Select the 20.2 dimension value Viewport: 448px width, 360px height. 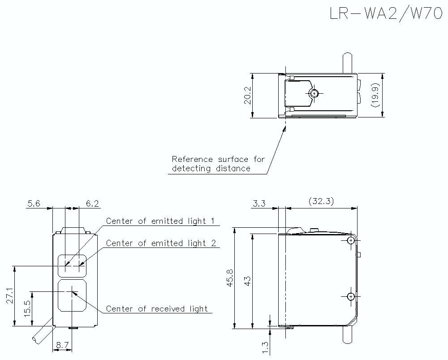click(248, 95)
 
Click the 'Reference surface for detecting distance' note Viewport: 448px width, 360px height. click(218, 164)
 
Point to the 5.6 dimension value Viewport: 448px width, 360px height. click(34, 204)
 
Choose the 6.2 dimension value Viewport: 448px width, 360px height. click(92, 204)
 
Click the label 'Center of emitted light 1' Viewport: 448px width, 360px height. click(160, 221)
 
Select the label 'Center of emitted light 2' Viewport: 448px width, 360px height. click(161, 243)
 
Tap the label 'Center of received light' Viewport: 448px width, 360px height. click(157, 308)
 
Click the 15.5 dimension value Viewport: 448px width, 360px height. click(27, 309)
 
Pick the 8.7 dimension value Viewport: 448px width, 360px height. click(62, 346)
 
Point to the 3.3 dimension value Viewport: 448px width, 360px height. click(259, 204)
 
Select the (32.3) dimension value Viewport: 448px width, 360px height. click(321, 201)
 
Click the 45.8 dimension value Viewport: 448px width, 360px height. click(230, 278)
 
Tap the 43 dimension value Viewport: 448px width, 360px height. click(247, 281)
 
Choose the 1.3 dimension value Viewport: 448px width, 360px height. click(265, 347)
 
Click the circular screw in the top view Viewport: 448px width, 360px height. click(314, 93)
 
